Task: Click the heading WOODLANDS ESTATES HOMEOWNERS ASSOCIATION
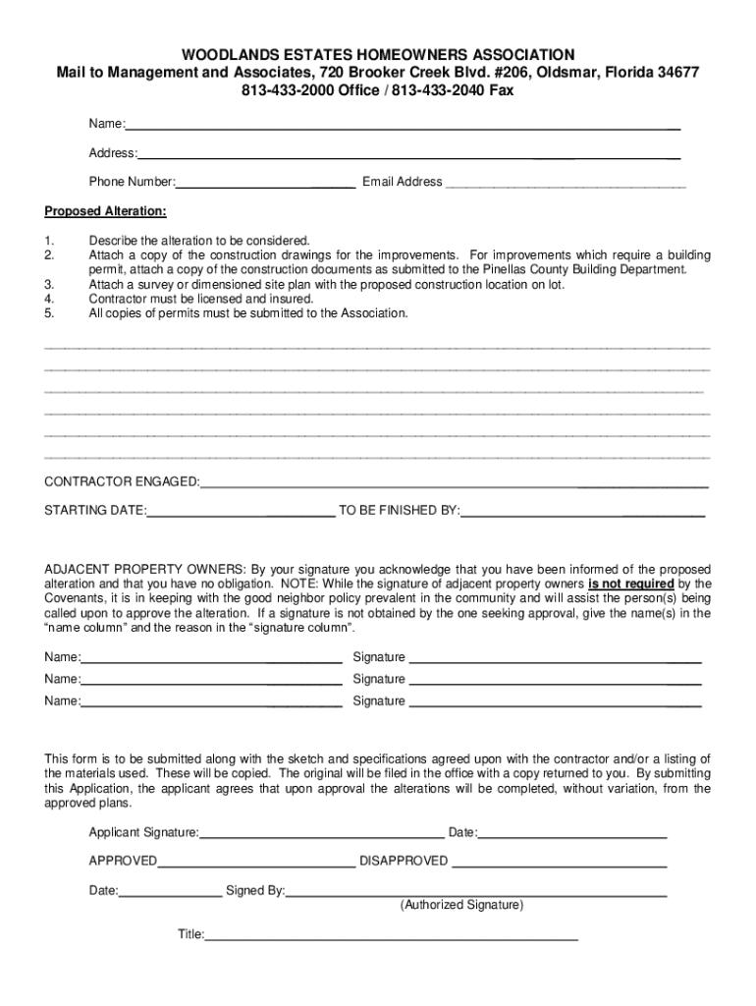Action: point(378,54)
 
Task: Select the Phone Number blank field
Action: point(265,182)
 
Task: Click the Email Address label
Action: point(403,182)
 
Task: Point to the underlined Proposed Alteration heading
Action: point(106,211)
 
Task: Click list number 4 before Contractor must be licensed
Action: point(49,299)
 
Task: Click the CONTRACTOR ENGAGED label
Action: point(122,481)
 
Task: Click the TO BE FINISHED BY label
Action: point(399,511)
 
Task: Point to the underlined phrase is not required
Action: point(630,584)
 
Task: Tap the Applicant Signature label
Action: point(143,833)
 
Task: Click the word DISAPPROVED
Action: point(404,862)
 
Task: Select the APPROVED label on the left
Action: point(123,862)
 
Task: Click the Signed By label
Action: point(255,891)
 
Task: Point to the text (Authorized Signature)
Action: point(461,905)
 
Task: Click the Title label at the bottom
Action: point(189,934)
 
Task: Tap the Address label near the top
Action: point(112,153)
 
